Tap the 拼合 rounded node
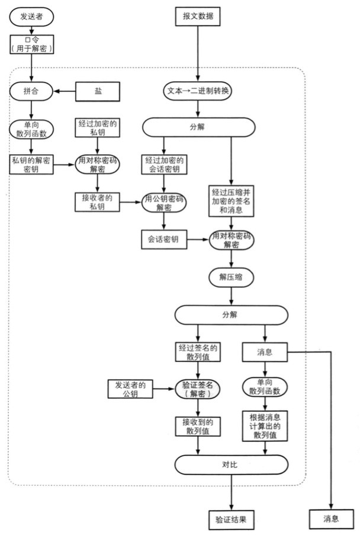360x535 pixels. coord(31,91)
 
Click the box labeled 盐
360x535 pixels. coord(98,91)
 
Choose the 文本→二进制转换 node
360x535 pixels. coord(198,91)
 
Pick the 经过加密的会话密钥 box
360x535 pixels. coord(162,165)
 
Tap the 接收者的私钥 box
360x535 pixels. coord(98,201)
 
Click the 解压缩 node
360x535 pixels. coord(231,276)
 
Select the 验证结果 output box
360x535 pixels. coord(231,519)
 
